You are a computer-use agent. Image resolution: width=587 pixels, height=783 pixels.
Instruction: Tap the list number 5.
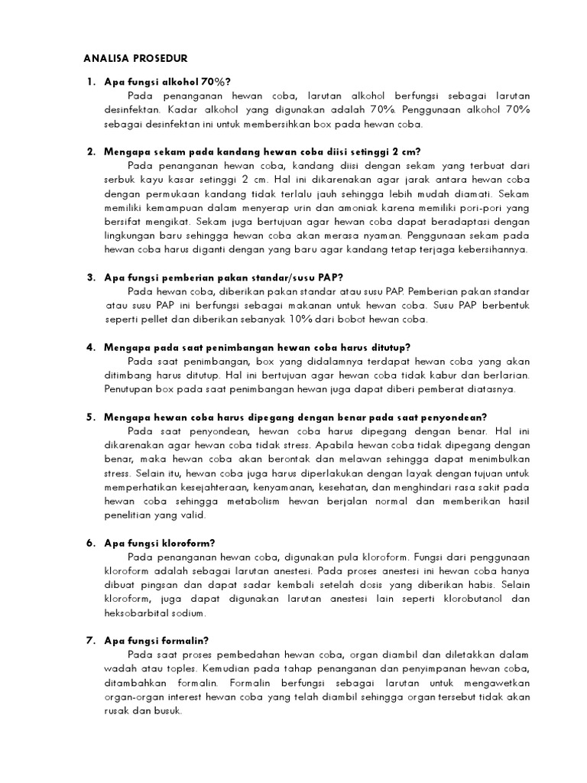click(x=89, y=417)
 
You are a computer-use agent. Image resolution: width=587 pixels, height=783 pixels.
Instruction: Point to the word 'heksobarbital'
click(x=136, y=613)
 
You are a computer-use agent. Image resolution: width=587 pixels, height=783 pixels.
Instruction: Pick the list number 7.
click(x=89, y=641)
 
